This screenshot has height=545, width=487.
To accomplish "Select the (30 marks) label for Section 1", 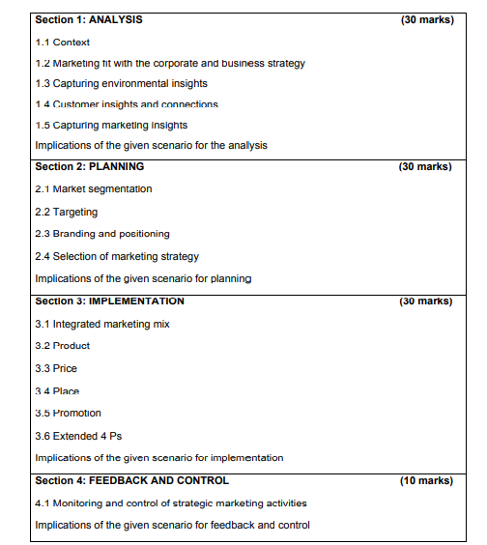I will (x=426, y=19).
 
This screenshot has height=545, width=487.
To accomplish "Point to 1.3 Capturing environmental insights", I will (x=121, y=83).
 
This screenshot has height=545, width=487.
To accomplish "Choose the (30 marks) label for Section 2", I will (x=426, y=166).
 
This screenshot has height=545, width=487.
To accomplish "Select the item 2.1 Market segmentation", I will (x=93, y=188).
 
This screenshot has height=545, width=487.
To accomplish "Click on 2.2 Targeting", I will (x=66, y=212).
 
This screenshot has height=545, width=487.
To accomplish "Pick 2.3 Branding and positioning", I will (x=101, y=234).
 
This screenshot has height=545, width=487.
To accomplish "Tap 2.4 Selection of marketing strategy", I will (x=116, y=256).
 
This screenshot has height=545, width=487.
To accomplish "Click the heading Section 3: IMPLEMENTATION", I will (x=109, y=301).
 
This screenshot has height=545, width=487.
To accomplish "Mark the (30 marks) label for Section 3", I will (x=426, y=301).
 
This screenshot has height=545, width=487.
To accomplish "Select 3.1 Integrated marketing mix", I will (x=101, y=324).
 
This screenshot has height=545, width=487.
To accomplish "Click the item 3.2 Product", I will (x=62, y=346).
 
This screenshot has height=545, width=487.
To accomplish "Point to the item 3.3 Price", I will (x=56, y=368).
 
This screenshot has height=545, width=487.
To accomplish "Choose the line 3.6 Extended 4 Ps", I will (x=78, y=436).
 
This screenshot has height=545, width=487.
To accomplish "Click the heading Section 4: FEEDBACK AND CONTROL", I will (x=131, y=480).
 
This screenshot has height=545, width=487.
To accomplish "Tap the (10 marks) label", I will (x=426, y=480).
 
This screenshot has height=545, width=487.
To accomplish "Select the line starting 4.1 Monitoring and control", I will (x=170, y=502).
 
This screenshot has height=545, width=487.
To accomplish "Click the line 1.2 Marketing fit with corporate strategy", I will (x=169, y=63).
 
